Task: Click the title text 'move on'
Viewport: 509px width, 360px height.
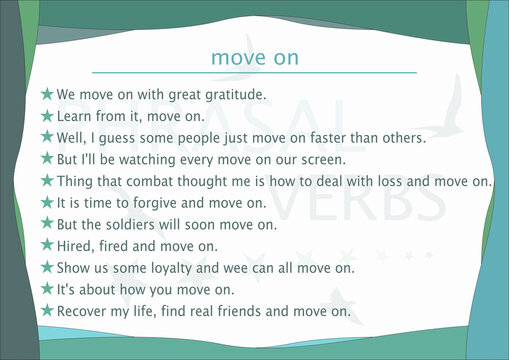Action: (x=254, y=58)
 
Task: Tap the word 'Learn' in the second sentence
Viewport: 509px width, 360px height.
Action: (x=77, y=116)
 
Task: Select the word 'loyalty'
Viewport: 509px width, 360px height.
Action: (x=172, y=268)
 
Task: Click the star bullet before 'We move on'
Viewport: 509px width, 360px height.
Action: (x=47, y=94)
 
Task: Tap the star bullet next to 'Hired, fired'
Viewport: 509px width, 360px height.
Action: (x=47, y=246)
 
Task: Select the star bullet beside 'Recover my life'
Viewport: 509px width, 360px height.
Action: (x=47, y=312)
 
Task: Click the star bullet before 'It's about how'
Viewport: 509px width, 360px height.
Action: (x=47, y=290)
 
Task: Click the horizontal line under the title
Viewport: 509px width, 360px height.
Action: (x=254, y=73)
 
